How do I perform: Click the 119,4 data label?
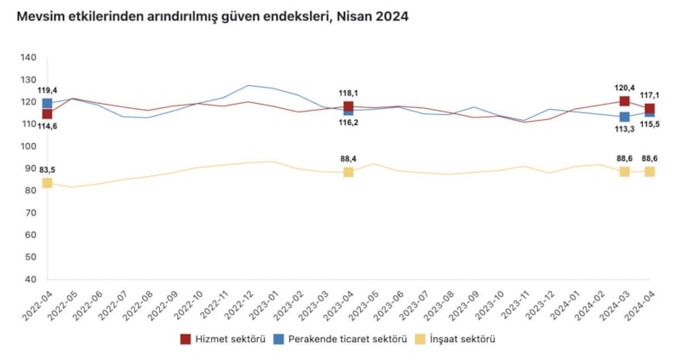(x=48, y=90)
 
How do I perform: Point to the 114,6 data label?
(x=48, y=126)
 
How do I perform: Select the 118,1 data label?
(x=349, y=94)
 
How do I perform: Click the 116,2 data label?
(x=349, y=123)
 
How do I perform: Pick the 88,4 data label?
(x=349, y=158)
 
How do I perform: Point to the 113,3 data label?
(x=624, y=129)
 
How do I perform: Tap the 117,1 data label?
(x=651, y=95)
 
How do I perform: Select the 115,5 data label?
(x=651, y=125)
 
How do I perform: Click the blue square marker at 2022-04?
(x=48, y=104)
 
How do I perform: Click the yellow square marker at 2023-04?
(x=348, y=172)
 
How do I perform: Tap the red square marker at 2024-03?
(x=624, y=101)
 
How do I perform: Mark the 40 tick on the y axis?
(x=30, y=279)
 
